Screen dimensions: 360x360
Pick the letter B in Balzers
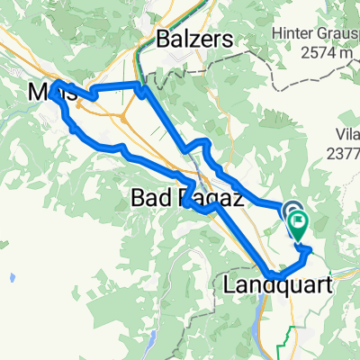pyautogui.click(x=163, y=39)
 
